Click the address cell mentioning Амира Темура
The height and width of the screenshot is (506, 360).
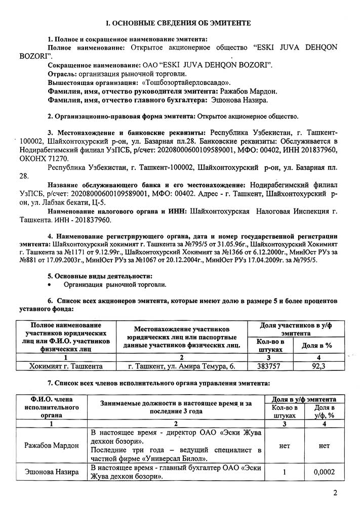pos(182,365)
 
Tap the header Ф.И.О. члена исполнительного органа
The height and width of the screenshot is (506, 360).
pos(51,407)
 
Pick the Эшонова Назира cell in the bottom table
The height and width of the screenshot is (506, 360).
pos(52,472)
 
